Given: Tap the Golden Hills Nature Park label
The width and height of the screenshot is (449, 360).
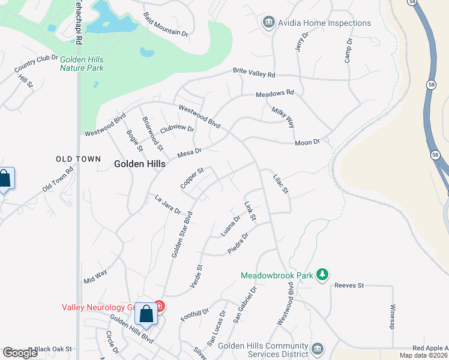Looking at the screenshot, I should click(82, 64).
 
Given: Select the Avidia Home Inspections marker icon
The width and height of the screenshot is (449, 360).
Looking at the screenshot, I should click(268, 23).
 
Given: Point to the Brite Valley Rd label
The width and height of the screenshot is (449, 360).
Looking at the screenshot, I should click(254, 73).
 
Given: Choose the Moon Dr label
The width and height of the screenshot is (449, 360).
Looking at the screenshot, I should click(308, 142).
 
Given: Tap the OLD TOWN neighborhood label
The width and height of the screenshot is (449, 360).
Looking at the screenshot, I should click(74, 159).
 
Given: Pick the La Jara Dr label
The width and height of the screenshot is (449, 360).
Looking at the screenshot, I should click(167, 205).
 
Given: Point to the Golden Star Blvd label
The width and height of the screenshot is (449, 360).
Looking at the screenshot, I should click(181, 235).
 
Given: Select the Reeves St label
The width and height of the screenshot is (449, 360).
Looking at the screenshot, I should click(349, 286).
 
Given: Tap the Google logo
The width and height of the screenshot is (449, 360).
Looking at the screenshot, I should click(20, 353).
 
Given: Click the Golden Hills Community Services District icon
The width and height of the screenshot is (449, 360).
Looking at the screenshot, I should click(318, 348).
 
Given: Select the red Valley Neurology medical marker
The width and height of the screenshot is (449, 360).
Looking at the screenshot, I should click(159, 307).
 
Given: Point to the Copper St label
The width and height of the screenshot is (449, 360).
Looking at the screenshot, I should click(192, 178).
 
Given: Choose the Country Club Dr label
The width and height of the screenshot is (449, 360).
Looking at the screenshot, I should click(36, 62).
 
